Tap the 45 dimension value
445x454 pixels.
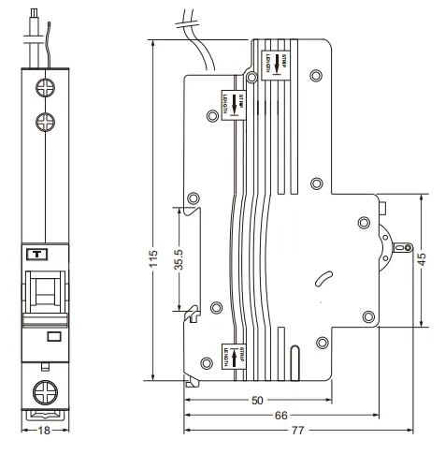coord(422,257)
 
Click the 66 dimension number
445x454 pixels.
coord(280,416)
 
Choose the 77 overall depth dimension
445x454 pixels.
coord(296,431)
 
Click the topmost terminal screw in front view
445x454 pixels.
coord(43,90)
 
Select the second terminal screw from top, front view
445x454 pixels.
coord(43,121)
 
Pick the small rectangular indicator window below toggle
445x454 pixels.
coord(53,336)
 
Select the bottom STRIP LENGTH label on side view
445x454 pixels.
coord(227,359)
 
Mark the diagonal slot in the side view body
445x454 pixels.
coord(323,279)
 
